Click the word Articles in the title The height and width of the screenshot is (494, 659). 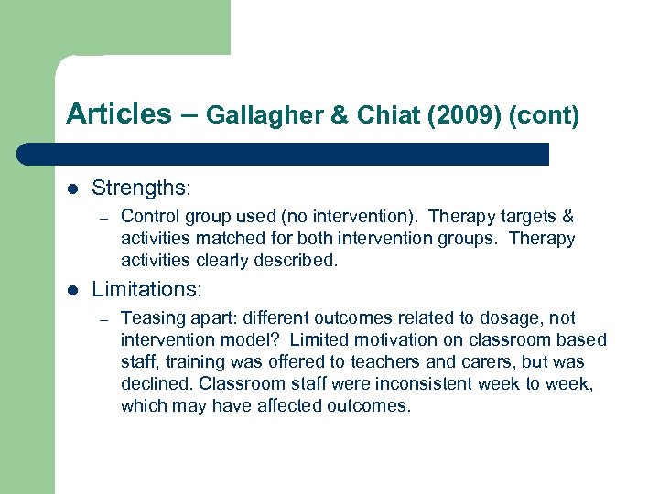point(118,114)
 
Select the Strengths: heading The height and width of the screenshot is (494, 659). point(141,188)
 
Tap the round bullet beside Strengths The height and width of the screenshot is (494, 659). point(73,189)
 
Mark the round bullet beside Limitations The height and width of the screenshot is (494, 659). point(73,290)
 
